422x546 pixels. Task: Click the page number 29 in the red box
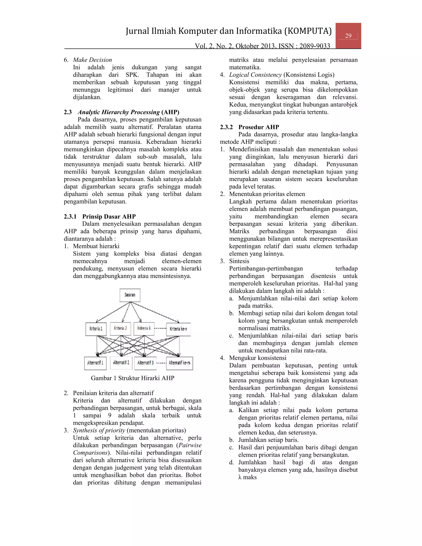348,36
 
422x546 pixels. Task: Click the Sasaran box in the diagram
130,295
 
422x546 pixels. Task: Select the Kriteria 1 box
96,329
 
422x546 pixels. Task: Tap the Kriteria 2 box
120,328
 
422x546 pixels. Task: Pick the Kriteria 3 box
144,328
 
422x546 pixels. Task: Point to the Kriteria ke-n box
178,329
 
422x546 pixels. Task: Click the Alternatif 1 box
95,363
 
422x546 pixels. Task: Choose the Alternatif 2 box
121,363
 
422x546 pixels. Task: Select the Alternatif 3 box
145,363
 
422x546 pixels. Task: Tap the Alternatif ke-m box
179,363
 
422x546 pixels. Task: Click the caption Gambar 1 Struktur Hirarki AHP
132,378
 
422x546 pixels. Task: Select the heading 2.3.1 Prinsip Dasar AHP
100,217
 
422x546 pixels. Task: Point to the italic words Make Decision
92,60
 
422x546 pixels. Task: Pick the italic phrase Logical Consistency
255,75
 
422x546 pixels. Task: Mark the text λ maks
247,477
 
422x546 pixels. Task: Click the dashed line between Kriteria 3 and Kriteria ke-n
160,328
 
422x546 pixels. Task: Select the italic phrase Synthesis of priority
99,430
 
